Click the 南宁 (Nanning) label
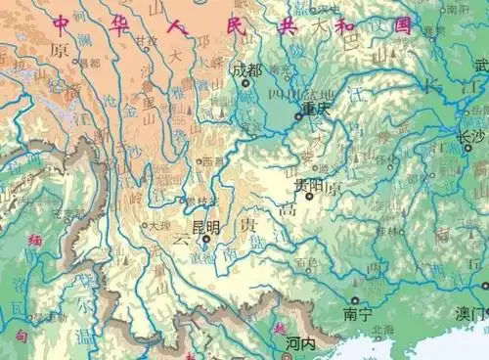coord(357,315)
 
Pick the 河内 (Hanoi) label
coord(299,344)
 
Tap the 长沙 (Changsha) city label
coord(471,135)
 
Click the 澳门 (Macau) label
coord(470,315)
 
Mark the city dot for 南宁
coord(354,300)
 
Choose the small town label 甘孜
coord(147,41)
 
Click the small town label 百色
coord(309,262)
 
